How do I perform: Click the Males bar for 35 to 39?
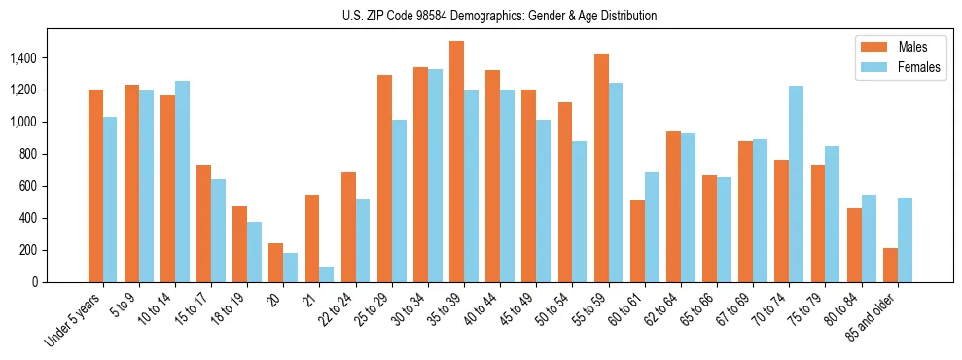[x=456, y=162]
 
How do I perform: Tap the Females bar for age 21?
[x=327, y=274]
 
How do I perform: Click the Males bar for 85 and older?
[x=890, y=265]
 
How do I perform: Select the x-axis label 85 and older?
[x=878, y=317]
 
